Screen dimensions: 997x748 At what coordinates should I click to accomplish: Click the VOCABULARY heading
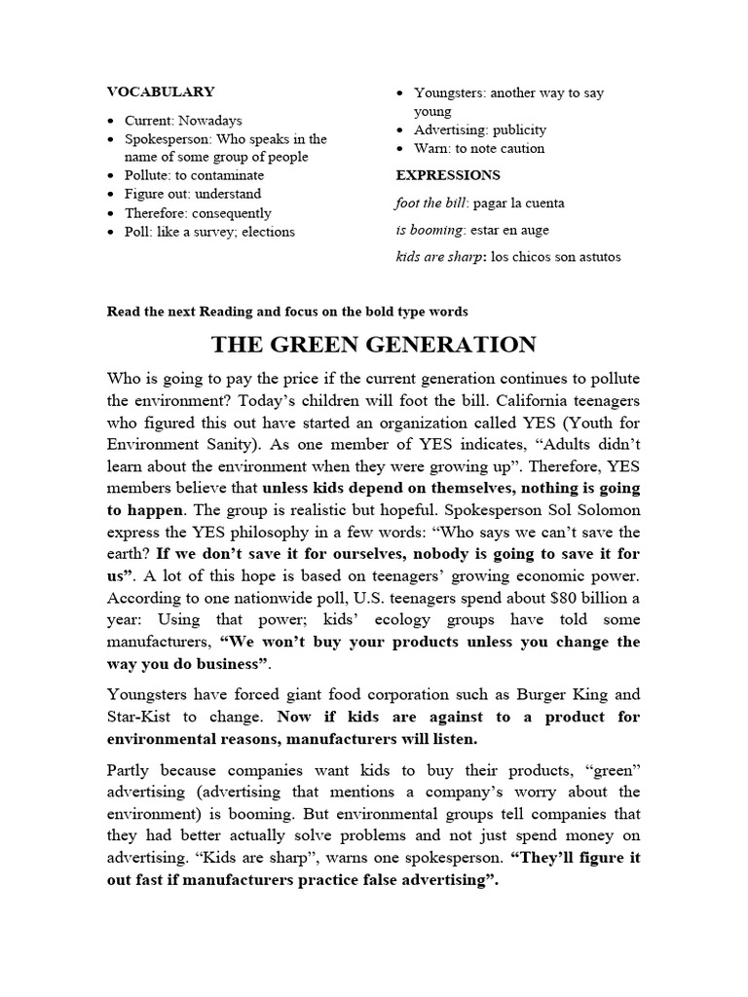[x=161, y=92]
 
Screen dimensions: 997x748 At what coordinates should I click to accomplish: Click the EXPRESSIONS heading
[x=448, y=175]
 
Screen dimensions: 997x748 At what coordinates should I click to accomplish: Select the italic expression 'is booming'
[x=430, y=231]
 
